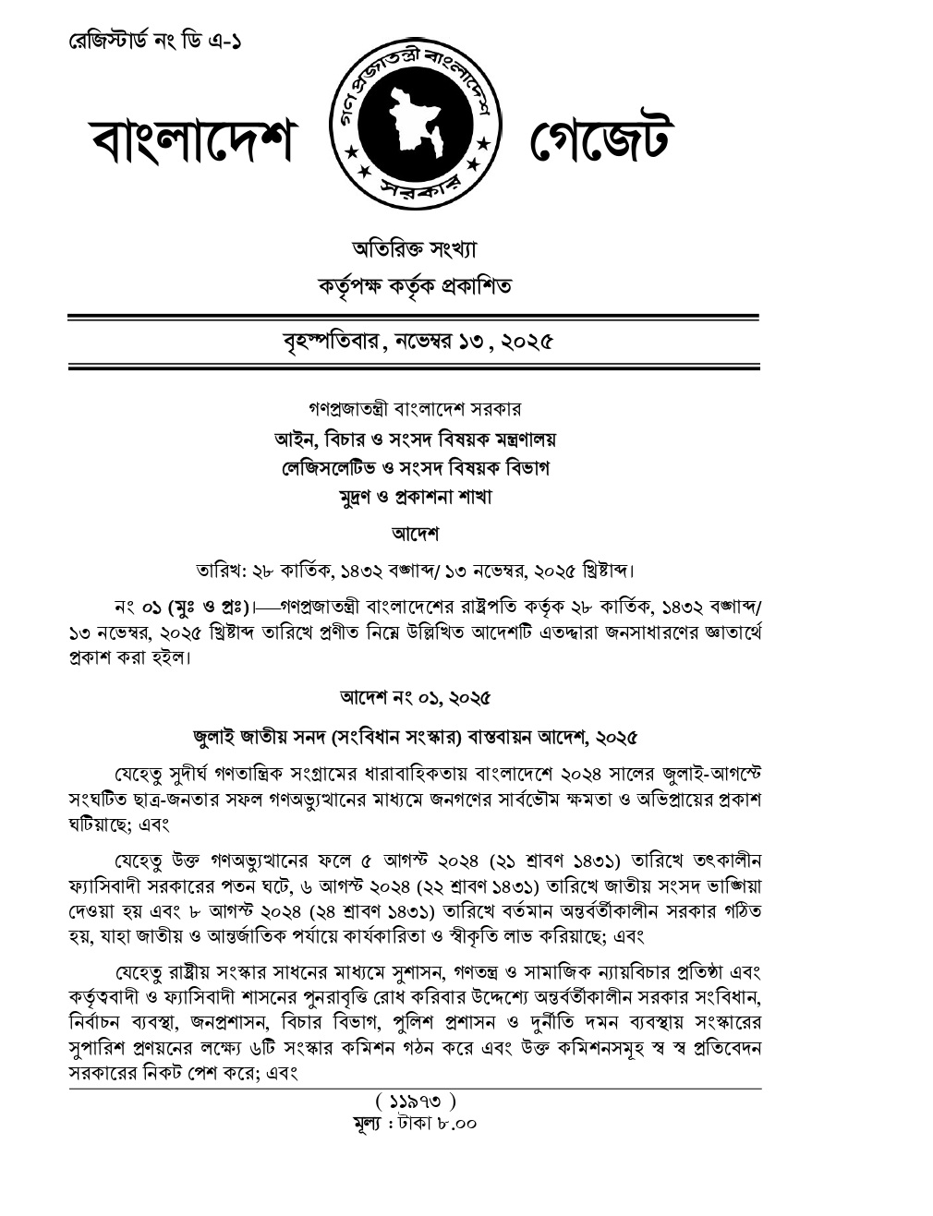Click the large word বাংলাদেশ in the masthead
[191, 143]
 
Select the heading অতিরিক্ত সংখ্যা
[414, 249]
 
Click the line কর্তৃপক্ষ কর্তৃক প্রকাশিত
[414, 286]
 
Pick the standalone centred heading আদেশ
[414, 534]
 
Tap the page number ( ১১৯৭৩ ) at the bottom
[414, 1102]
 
